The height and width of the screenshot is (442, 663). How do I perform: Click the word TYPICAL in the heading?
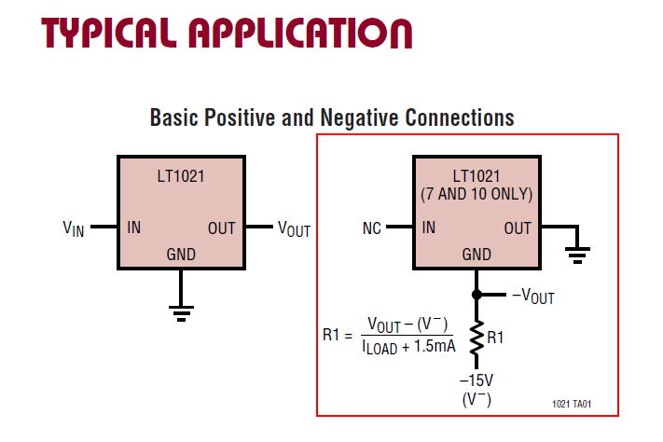click(x=109, y=33)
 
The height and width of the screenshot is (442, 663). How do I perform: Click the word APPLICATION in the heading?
click(x=300, y=33)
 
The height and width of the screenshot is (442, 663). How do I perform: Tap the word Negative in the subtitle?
click(x=359, y=118)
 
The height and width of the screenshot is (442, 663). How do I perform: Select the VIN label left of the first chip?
click(x=74, y=228)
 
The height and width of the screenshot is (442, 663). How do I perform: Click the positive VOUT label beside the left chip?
click(x=295, y=228)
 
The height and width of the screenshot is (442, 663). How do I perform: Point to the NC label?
click(x=372, y=228)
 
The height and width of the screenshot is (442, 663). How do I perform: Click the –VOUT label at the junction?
click(x=533, y=297)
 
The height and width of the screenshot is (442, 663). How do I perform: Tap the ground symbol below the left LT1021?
click(x=182, y=313)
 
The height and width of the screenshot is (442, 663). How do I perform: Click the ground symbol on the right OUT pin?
click(x=577, y=256)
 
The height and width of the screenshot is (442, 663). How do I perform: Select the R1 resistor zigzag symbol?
click(x=477, y=338)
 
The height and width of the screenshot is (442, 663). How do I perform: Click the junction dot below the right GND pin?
click(x=477, y=295)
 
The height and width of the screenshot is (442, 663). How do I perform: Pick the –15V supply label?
click(x=477, y=380)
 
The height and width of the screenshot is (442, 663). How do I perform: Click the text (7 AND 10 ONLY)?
click(x=477, y=194)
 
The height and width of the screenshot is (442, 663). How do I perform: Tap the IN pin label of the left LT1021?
click(x=133, y=228)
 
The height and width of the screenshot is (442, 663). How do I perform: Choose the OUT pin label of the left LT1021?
click(x=222, y=228)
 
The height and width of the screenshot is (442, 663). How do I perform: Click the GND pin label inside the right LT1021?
click(x=477, y=255)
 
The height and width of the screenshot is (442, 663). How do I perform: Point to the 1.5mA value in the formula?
click(x=435, y=346)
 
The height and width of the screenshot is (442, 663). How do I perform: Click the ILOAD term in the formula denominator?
click(x=380, y=348)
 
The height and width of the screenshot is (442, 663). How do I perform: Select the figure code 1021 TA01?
click(x=572, y=404)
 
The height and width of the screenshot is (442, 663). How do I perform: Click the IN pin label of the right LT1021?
click(x=429, y=228)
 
